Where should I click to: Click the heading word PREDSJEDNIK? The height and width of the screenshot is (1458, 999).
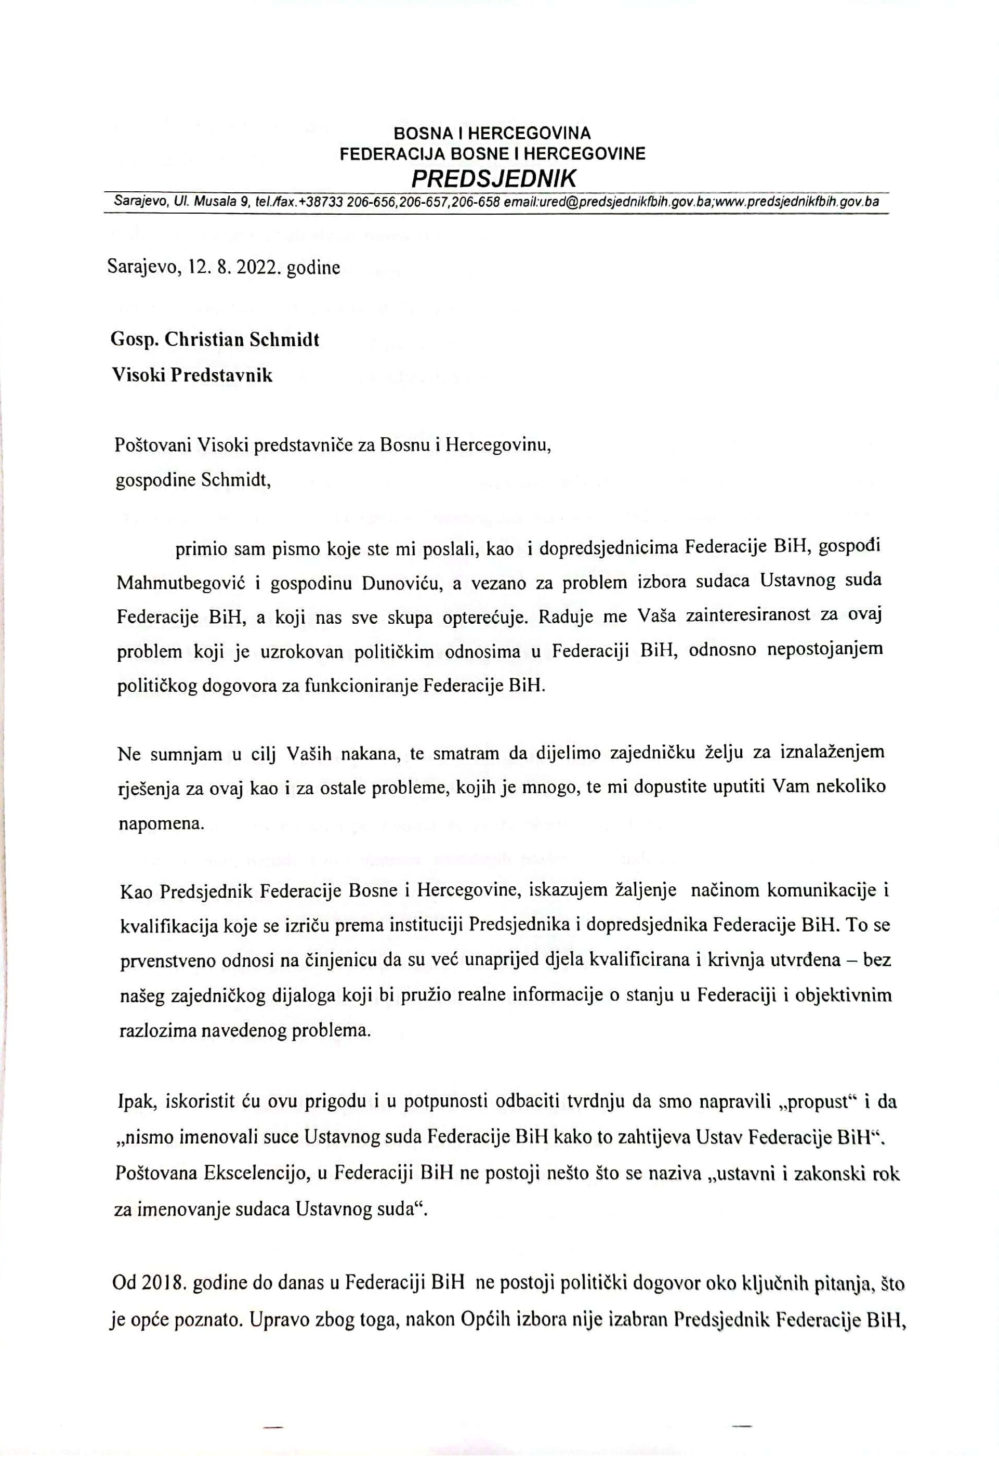coord(493,179)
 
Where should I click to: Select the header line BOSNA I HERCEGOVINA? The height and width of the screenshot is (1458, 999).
coord(492,134)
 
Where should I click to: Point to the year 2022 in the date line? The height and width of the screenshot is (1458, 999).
coord(257,268)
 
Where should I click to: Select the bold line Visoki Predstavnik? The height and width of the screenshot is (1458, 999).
coord(192,375)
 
